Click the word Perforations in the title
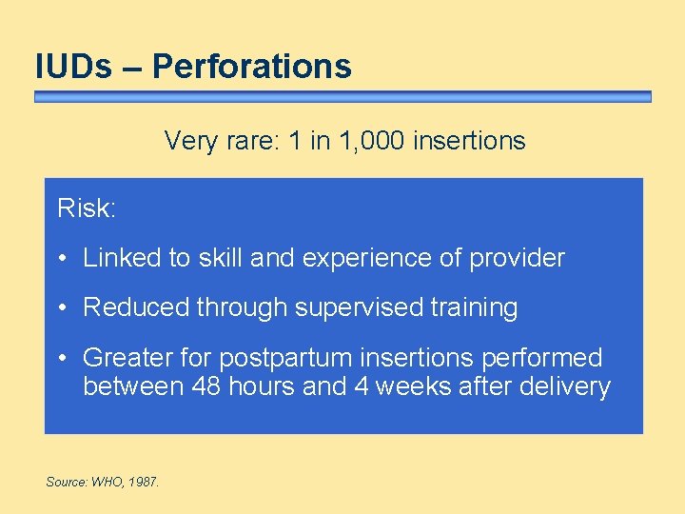[251, 66]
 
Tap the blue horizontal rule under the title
[342, 97]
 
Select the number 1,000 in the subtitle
[376, 141]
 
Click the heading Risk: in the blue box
[87, 208]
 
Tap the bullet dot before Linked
[62, 259]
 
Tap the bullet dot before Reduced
[62, 308]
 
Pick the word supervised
[351, 307]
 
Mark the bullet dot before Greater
[62, 359]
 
